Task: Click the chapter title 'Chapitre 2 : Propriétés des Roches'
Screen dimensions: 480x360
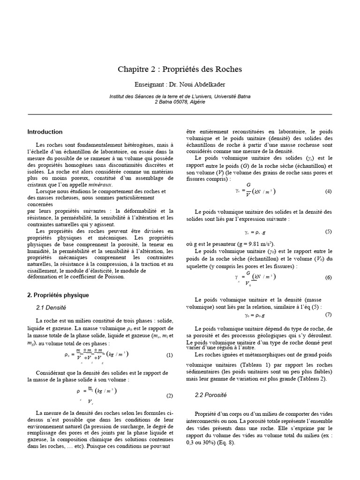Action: pos(180,69)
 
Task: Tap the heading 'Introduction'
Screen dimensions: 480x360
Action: pos(45,132)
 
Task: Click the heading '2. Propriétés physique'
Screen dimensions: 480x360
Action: pos(58,295)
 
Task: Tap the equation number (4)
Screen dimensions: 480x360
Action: pos(328,192)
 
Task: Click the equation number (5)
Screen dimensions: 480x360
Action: pos(328,232)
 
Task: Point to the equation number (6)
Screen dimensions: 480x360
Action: pos(328,277)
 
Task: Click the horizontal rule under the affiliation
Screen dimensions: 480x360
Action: pos(180,114)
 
